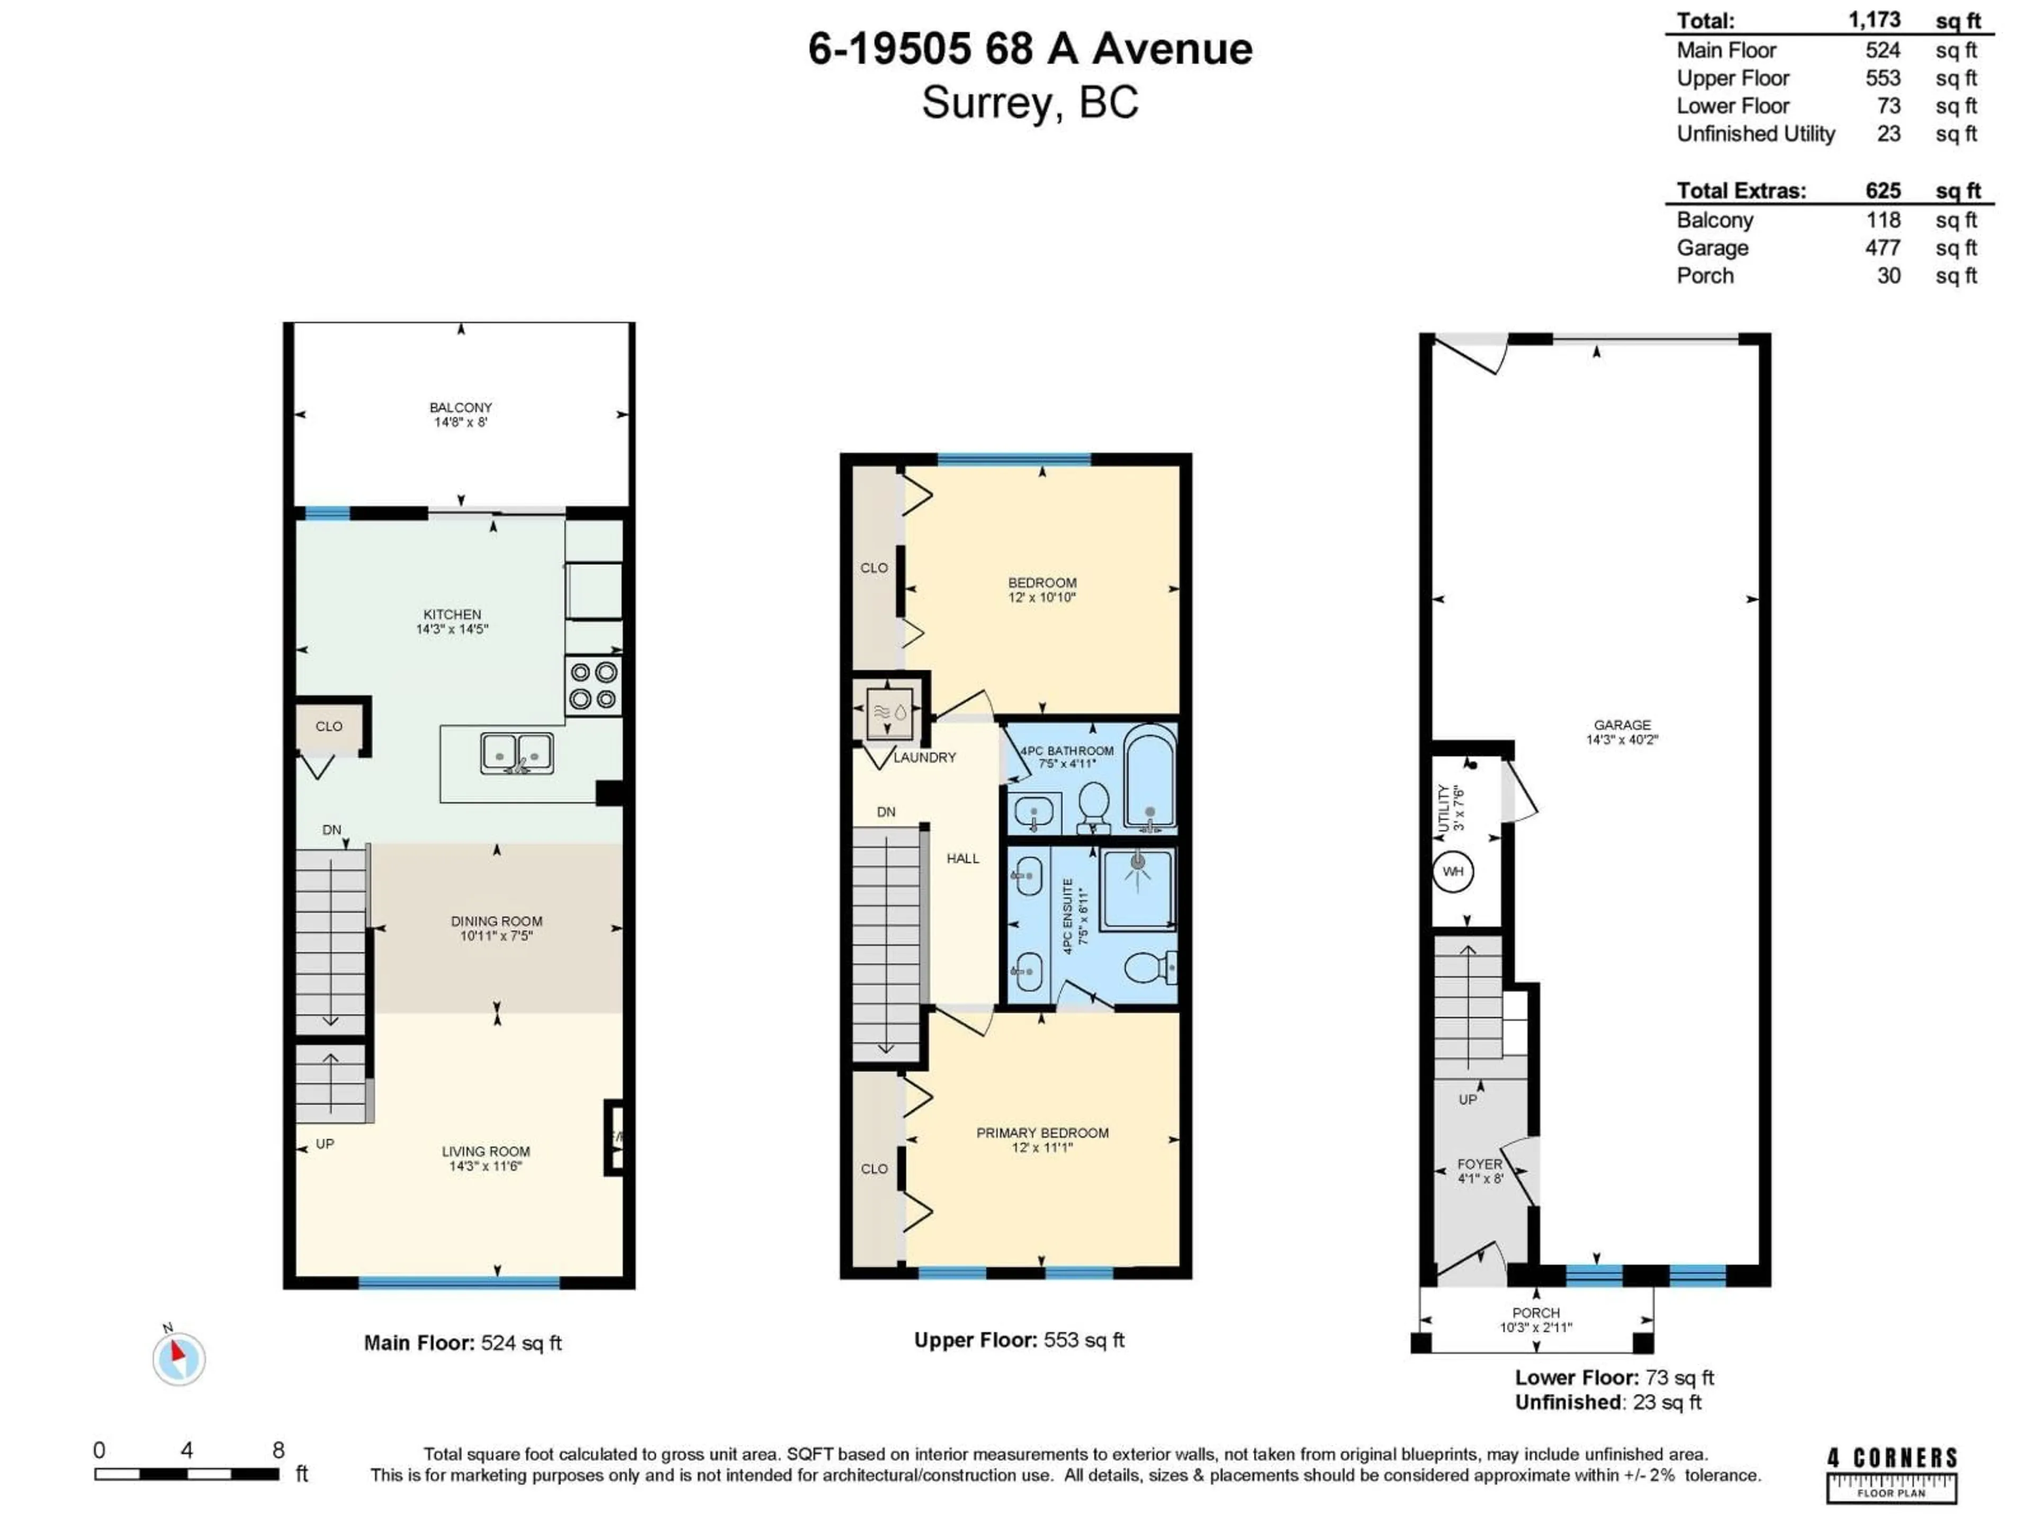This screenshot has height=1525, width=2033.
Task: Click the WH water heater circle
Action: click(x=1453, y=872)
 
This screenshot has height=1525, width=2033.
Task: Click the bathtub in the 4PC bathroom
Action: click(x=1149, y=777)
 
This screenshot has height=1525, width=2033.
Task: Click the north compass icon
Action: click(x=178, y=1358)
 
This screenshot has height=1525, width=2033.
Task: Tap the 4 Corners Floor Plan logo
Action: click(x=1892, y=1475)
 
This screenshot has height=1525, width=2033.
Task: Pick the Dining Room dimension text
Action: click(x=496, y=936)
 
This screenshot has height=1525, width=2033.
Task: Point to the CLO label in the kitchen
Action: click(x=329, y=726)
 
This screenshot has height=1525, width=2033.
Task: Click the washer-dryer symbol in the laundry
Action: click(x=889, y=712)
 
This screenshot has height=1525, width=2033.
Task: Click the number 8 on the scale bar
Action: click(x=278, y=1450)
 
